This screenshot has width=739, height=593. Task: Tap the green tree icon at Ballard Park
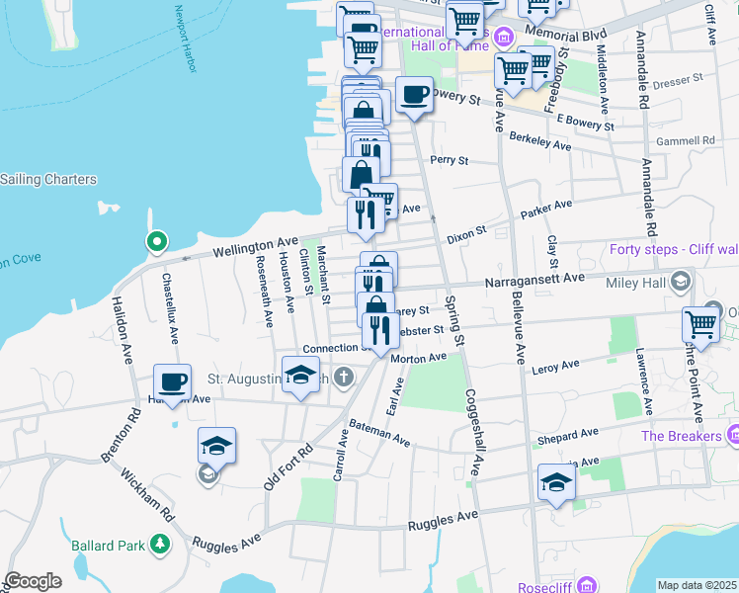tap(158, 545)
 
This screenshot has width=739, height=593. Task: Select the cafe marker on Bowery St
tap(414, 95)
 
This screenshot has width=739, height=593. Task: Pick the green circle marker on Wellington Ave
tap(155, 241)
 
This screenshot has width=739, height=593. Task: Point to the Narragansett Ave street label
tap(534, 281)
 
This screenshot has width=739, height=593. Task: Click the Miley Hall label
tap(637, 283)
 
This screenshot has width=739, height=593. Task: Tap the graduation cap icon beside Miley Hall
tap(680, 283)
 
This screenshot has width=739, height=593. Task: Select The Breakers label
tap(681, 436)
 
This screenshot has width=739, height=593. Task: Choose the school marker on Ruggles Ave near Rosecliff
tap(557, 484)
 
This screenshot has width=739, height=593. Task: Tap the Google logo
tap(34, 581)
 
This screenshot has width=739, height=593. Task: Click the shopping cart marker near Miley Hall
tap(700, 324)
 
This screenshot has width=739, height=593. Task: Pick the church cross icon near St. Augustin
tap(343, 377)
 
